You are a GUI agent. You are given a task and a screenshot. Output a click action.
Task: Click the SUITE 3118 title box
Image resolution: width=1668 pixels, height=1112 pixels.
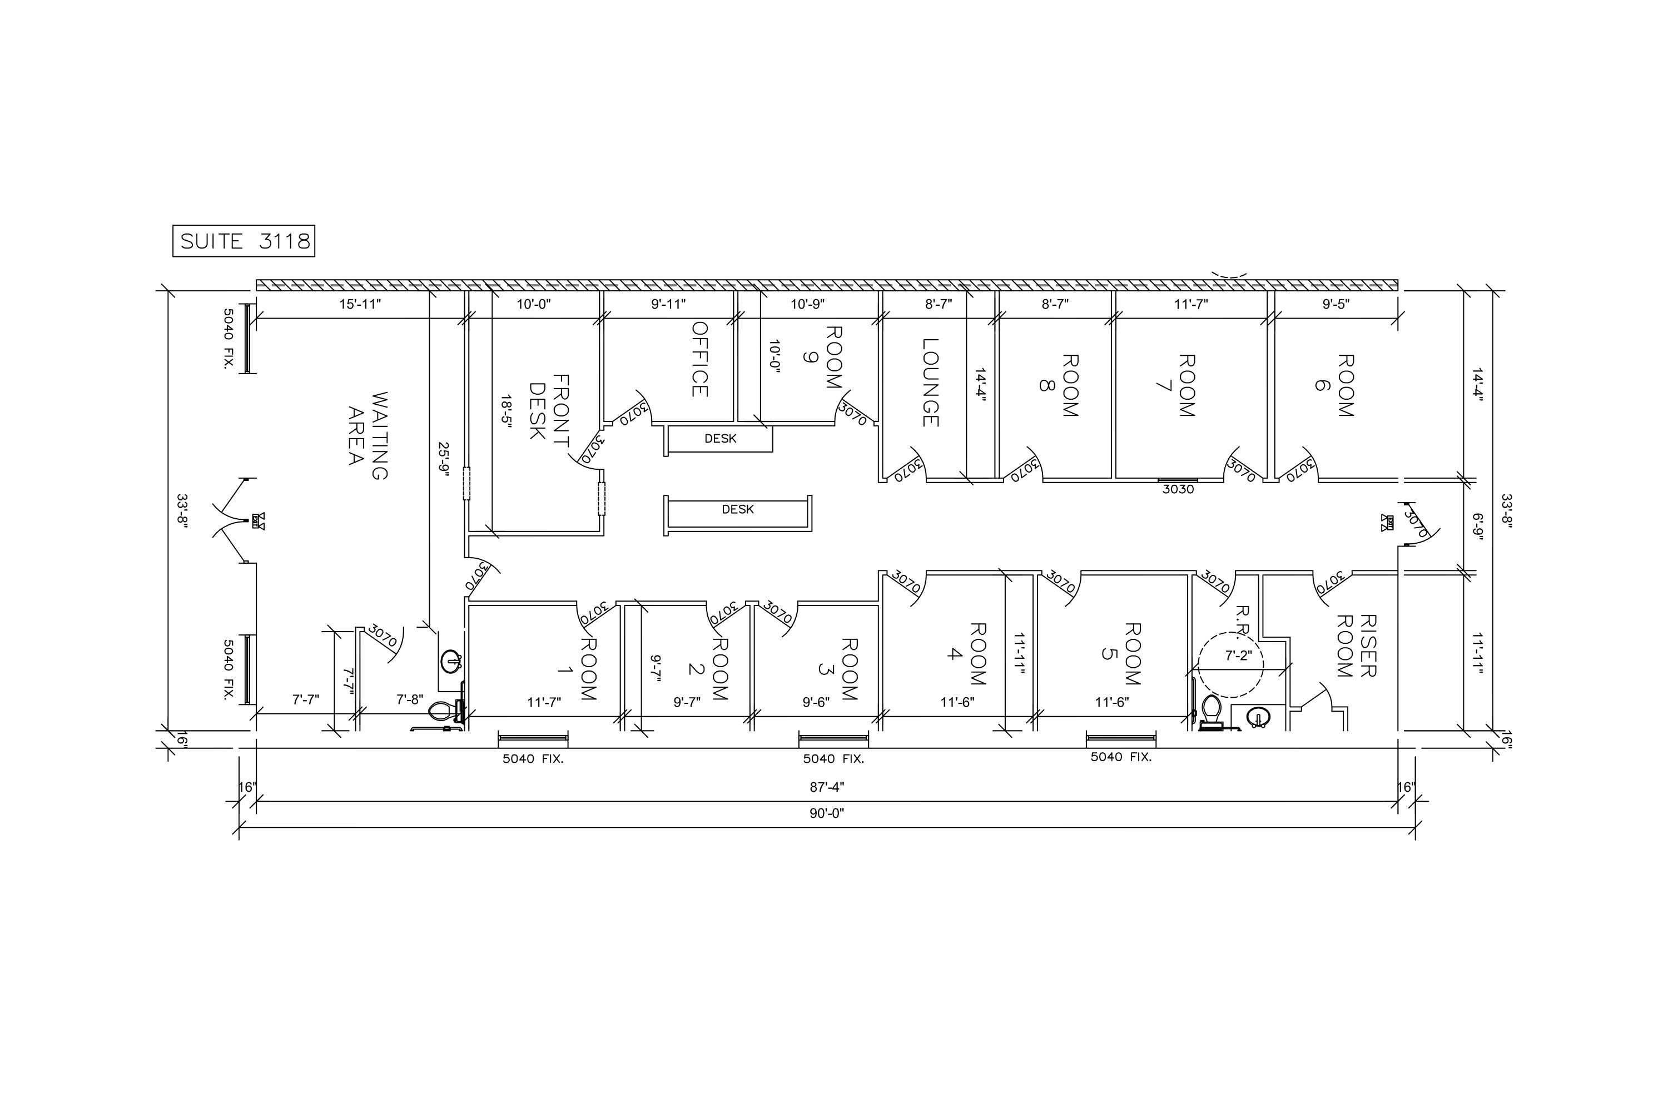244,241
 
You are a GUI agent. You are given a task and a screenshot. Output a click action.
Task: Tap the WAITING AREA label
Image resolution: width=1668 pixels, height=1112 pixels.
369,435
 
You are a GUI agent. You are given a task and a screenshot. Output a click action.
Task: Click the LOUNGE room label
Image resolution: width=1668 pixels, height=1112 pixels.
930,383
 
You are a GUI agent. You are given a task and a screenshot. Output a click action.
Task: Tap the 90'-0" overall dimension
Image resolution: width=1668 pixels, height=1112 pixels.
827,813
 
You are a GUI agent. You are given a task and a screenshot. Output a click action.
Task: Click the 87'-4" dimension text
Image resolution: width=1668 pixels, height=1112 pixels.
827,787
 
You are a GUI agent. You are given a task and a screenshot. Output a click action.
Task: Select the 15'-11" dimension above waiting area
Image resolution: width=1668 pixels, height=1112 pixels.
360,304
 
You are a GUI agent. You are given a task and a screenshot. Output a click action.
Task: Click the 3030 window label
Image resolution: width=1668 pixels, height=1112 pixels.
1178,489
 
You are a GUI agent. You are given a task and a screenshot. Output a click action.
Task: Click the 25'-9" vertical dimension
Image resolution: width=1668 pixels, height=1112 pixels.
443,460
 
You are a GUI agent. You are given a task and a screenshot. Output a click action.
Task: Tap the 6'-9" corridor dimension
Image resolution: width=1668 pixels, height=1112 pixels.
1477,527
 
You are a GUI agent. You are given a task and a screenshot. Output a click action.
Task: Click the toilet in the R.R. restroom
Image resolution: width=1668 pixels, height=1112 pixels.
1210,711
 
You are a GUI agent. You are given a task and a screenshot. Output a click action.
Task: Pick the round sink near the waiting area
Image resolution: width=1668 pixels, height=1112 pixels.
451,662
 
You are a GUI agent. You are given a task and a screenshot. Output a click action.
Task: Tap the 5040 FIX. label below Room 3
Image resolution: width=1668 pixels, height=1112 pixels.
833,759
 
